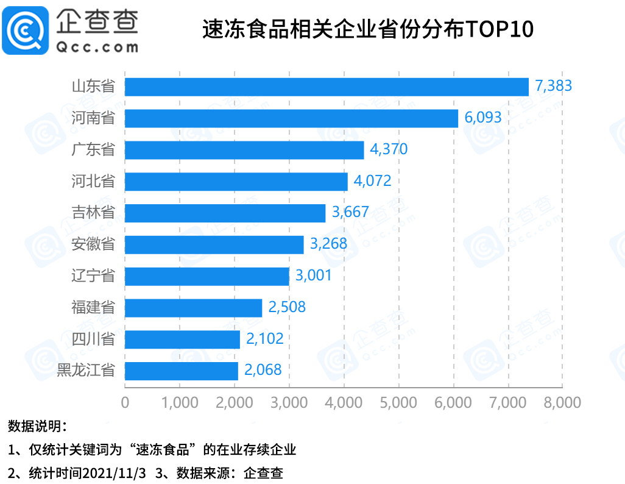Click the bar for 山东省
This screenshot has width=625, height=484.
point(327,87)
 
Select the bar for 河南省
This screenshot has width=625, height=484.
point(291,118)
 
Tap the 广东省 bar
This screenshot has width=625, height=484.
point(244,150)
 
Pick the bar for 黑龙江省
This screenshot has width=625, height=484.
point(182,371)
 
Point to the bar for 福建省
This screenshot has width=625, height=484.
point(193,308)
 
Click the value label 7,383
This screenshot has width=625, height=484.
point(553,86)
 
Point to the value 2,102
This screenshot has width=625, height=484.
point(264,339)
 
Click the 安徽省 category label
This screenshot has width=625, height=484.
point(93,244)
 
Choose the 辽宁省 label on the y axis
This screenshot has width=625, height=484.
point(93,276)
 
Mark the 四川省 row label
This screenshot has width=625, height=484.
point(93,339)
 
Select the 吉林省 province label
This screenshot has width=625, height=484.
point(93,213)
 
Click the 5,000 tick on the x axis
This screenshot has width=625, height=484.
point(398,403)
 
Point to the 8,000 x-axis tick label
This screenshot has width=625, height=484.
point(562,403)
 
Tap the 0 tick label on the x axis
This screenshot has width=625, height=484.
point(125,403)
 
